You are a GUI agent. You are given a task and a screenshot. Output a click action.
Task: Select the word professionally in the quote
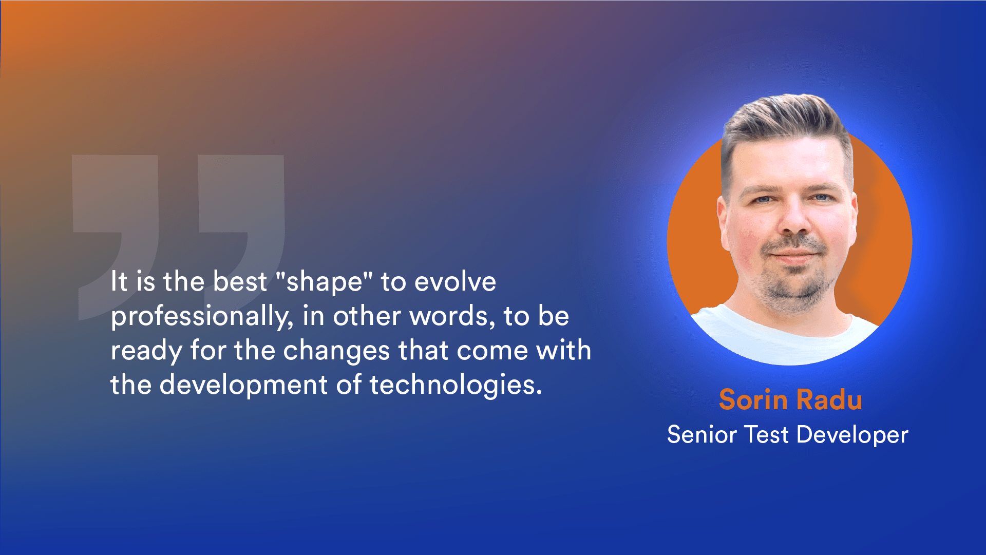pos(202,316)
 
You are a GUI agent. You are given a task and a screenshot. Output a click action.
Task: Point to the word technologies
pos(456,385)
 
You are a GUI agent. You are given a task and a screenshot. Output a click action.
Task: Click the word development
pos(243,385)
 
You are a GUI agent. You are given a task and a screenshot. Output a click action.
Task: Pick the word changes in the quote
pos(336,351)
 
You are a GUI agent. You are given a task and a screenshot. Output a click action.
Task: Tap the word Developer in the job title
pos(852,435)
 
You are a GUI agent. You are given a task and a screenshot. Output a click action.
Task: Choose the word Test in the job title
pos(766,434)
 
